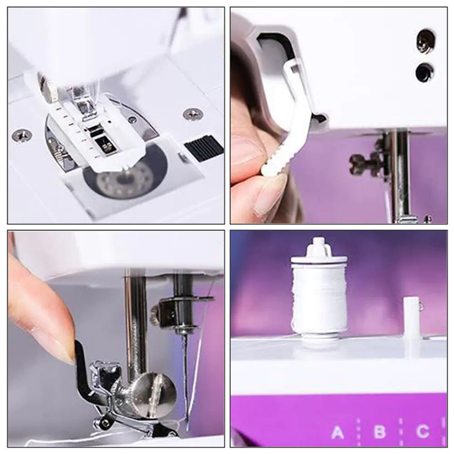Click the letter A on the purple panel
point(337,433)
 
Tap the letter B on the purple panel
point(380,432)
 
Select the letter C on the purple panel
point(422,432)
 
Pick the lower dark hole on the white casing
point(424,72)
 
